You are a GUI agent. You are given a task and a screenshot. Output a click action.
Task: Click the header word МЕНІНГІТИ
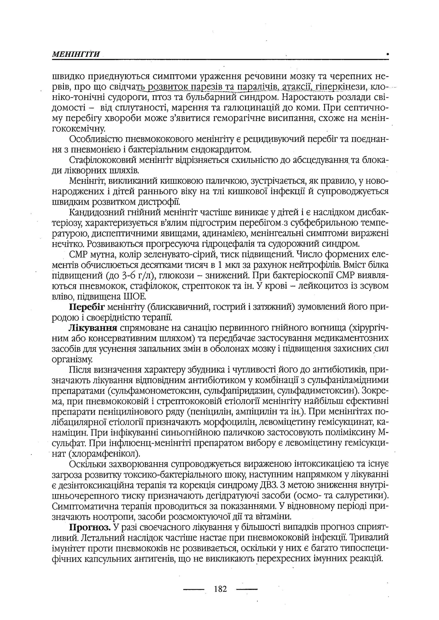point(76,54)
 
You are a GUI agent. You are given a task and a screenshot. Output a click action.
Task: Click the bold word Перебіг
point(87,307)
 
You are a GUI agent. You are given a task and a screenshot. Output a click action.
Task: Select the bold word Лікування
point(93,328)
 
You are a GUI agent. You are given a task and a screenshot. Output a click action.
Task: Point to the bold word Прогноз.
point(90,527)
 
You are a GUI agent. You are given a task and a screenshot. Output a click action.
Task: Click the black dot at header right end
point(388,54)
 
